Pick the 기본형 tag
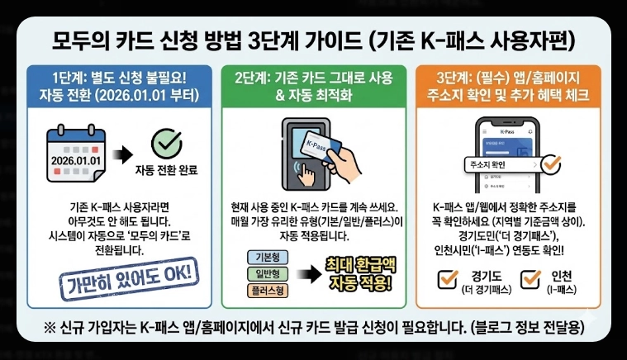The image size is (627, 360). coord(266,257)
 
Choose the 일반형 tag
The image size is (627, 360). coord(266,273)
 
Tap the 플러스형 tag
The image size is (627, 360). coord(266,290)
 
